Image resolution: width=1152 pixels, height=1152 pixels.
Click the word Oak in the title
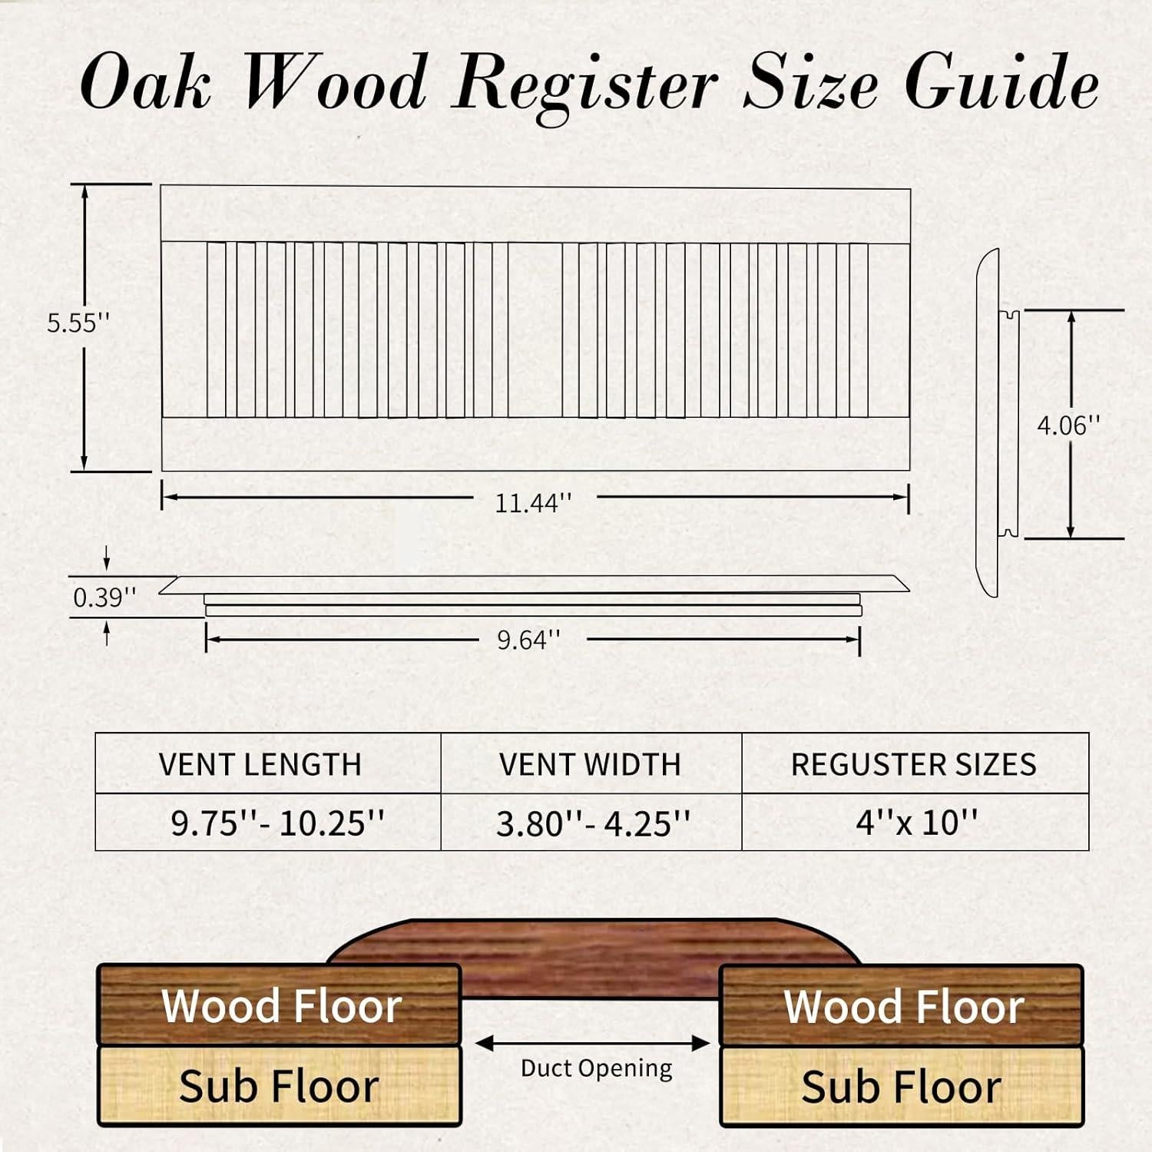pyautogui.click(x=146, y=83)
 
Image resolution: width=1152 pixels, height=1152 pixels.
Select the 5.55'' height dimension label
pyautogui.click(x=78, y=323)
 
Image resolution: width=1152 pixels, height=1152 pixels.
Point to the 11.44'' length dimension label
pyautogui.click(x=533, y=503)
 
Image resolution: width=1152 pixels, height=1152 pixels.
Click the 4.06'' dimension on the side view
pyautogui.click(x=1068, y=425)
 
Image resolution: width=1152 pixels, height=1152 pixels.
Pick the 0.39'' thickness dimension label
pyautogui.click(x=104, y=598)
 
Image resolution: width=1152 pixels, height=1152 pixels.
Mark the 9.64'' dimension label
pyautogui.click(x=528, y=639)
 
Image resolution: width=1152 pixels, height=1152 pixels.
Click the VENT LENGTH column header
pyautogui.click(x=260, y=764)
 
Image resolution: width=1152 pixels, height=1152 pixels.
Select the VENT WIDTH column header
pyautogui.click(x=590, y=764)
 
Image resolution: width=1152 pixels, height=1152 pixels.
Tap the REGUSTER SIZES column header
pyautogui.click(x=913, y=764)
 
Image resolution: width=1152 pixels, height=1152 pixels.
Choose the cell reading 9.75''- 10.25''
pyautogui.click(x=277, y=823)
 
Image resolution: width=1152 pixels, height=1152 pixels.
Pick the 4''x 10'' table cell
pyautogui.click(x=916, y=823)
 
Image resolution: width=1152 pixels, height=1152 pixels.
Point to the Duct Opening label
pyautogui.click(x=596, y=1068)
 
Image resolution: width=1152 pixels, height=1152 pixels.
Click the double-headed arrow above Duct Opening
pyautogui.click(x=592, y=1043)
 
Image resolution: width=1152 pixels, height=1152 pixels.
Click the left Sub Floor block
pyautogui.click(x=279, y=1086)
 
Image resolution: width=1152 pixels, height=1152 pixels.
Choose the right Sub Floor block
pyautogui.click(x=902, y=1086)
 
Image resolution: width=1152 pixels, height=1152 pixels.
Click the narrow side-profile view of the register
pyautogui.click(x=988, y=422)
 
